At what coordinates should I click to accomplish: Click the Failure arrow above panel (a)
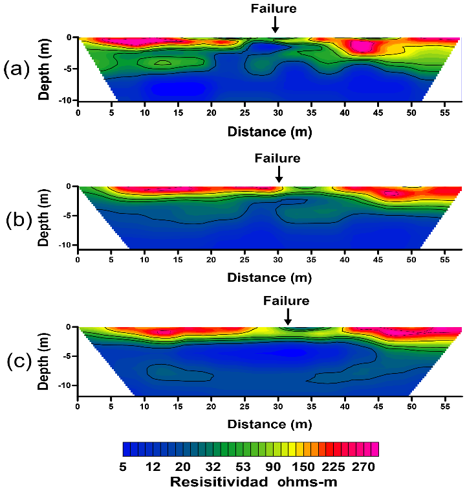(x=275, y=25)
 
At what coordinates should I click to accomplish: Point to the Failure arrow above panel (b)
(x=279, y=173)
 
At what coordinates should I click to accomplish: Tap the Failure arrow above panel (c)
(x=288, y=316)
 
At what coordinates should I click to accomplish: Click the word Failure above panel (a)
(x=274, y=8)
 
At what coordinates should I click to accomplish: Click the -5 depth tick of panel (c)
(x=66, y=356)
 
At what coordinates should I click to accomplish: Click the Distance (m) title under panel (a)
(x=269, y=131)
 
